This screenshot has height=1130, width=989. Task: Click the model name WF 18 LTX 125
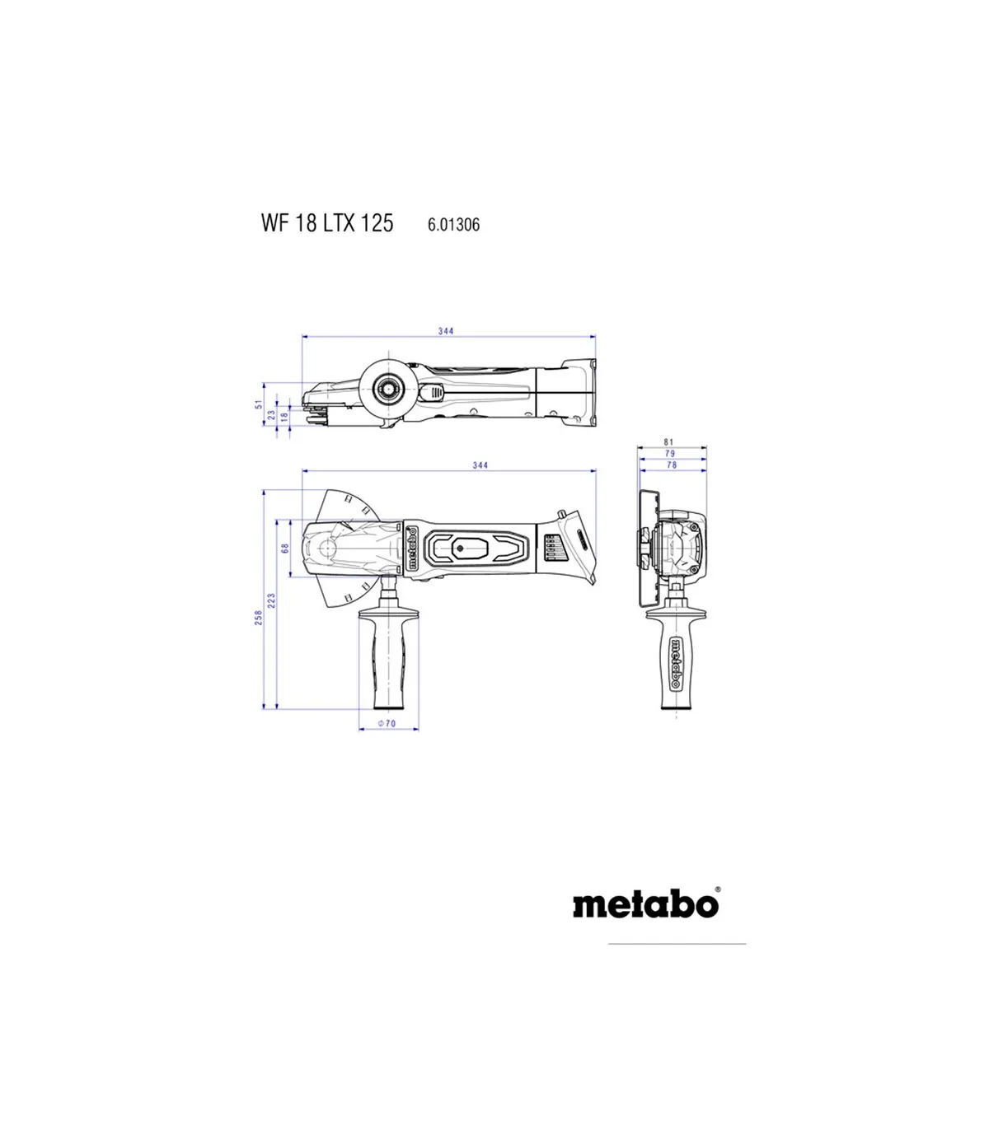coord(327,223)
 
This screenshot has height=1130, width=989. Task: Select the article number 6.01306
coord(453,225)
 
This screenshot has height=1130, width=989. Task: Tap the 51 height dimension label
coord(259,404)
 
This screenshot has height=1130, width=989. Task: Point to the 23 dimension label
coord(271,414)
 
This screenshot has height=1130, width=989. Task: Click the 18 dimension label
coord(284,417)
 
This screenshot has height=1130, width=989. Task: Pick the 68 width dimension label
coord(285,549)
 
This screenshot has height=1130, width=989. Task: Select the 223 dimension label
coord(271,601)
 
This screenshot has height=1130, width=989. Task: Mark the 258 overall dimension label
coord(258,618)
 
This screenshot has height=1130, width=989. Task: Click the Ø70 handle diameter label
coord(387,723)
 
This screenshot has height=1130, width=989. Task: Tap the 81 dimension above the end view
coord(668,441)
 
